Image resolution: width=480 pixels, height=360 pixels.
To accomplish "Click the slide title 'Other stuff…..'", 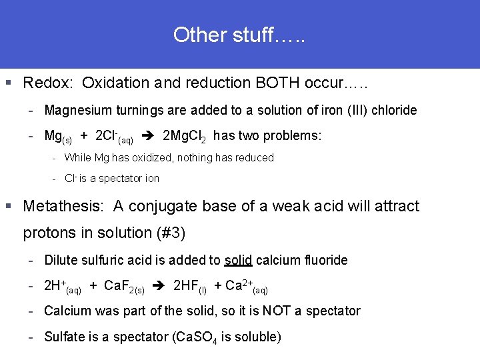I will tap(239, 34).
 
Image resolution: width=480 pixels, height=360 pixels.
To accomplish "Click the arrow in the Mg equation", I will tap(150, 136).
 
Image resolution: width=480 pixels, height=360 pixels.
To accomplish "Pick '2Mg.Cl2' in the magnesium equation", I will tap(184, 137).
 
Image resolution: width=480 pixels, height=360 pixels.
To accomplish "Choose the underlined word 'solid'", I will tap(238, 260).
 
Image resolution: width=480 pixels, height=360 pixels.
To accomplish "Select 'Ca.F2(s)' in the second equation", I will tap(125, 287).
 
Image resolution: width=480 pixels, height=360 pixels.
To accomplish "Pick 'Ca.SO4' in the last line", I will tap(197, 337).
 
